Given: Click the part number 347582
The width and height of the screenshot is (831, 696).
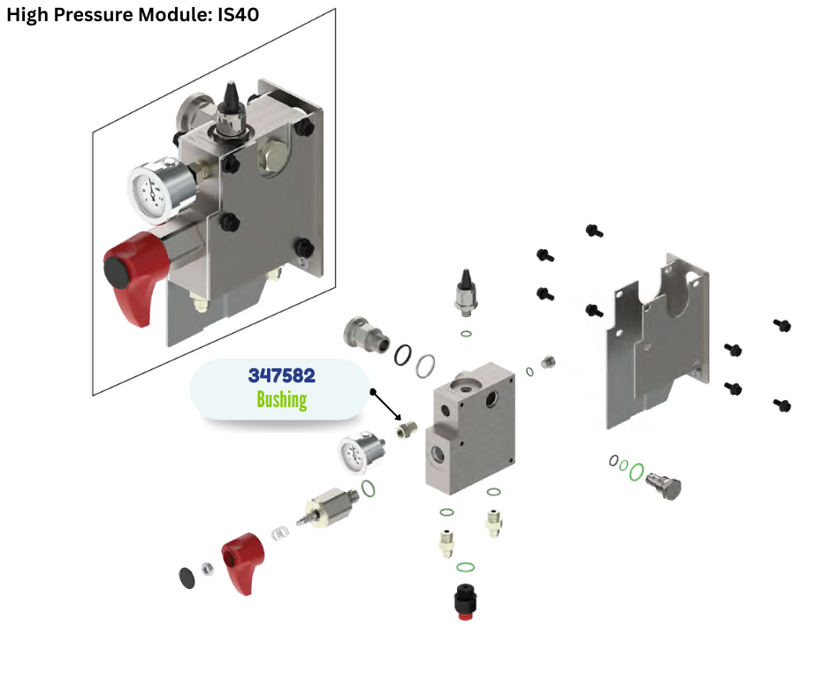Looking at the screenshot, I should click(281, 374).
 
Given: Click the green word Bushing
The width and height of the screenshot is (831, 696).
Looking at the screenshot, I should click(281, 399).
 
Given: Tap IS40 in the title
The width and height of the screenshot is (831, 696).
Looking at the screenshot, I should click(238, 15).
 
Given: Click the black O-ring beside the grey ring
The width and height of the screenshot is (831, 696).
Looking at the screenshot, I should click(403, 353).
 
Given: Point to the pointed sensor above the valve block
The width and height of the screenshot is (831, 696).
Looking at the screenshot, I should click(465, 292).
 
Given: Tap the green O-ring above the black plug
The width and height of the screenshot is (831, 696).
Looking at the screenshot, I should click(466, 567).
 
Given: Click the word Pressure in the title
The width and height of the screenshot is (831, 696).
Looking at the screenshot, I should click(88, 15).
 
